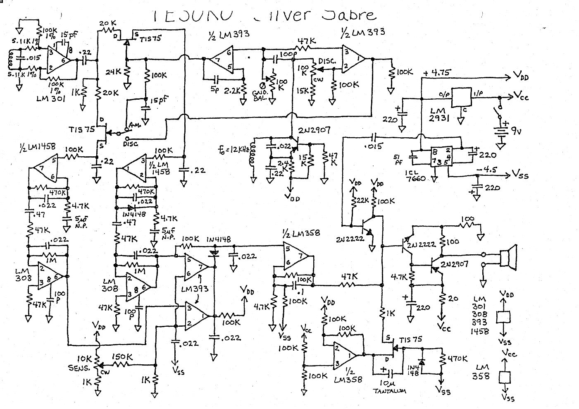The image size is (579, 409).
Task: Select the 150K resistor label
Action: (x=122, y=356)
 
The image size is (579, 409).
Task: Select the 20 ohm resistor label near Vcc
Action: (x=453, y=298)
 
